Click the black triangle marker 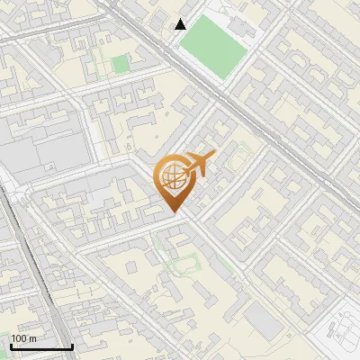181,24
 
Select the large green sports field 215,43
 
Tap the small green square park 120,65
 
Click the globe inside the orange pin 172,176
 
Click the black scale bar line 41,346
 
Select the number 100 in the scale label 20,338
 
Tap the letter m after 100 32,338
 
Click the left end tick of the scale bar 11,346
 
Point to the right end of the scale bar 73,346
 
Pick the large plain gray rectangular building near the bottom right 264,317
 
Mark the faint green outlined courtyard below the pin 184,263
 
